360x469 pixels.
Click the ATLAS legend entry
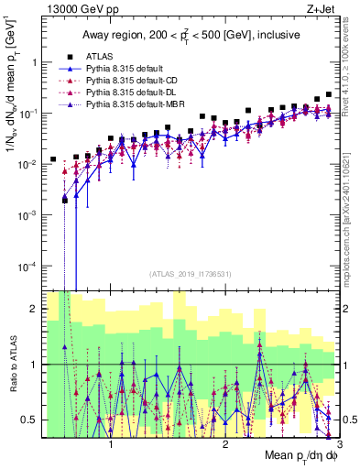(100, 57)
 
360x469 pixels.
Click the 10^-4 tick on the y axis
(27, 266)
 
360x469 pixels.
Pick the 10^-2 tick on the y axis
(27, 164)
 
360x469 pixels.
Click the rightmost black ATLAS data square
(329, 94)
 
